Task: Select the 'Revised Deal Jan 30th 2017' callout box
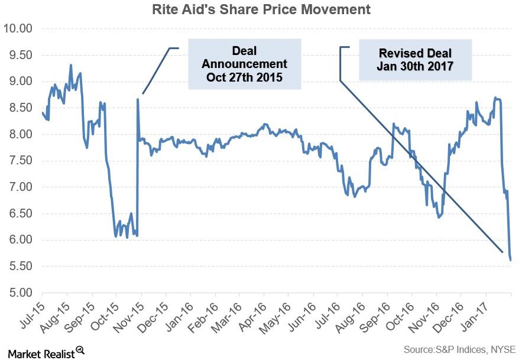415,59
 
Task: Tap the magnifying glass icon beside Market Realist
80,351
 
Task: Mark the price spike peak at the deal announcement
138,99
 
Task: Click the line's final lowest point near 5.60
510,260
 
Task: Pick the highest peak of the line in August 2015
71,65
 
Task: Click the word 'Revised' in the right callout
399,52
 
